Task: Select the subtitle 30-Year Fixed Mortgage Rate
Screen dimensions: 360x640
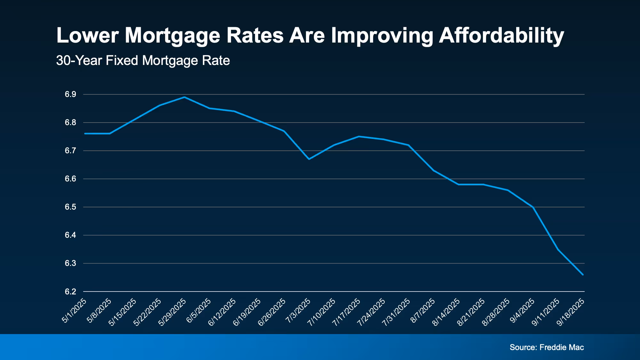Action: (143, 60)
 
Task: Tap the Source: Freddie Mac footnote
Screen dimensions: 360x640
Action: (547, 347)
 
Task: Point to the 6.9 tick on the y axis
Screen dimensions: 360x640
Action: (70, 94)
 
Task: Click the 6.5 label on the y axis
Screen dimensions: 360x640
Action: (70, 207)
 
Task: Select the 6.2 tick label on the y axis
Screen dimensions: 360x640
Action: (70, 292)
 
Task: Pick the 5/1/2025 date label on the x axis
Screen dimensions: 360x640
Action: (74, 310)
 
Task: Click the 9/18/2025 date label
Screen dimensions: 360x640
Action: (571, 312)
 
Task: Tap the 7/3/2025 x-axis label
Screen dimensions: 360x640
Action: (298, 310)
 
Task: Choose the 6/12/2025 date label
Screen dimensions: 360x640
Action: (222, 312)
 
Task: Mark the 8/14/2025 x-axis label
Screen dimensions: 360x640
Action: (446, 312)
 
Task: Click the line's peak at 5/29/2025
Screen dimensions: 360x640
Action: (184, 97)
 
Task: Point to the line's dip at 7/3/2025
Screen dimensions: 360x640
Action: (309, 159)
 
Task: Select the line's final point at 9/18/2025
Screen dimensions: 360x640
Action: (583, 275)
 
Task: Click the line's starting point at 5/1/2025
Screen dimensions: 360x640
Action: (85, 133)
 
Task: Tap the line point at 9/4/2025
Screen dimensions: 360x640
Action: (533, 207)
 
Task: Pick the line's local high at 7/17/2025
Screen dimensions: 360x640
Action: (359, 136)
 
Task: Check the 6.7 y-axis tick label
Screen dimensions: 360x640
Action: (70, 151)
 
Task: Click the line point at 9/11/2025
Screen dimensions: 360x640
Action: (558, 249)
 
